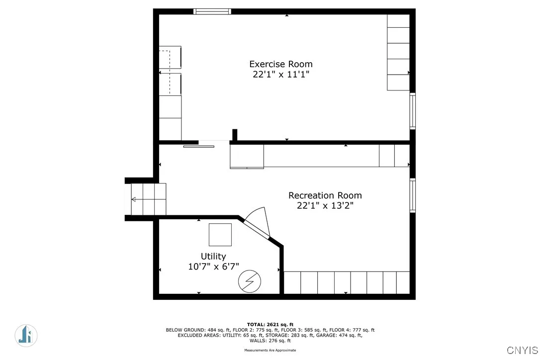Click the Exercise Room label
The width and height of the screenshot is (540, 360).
click(281, 64)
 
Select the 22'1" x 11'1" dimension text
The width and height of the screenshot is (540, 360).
click(281, 75)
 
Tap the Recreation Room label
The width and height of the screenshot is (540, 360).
click(325, 195)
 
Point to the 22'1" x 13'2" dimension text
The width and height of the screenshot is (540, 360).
click(325, 206)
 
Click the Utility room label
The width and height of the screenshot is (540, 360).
click(213, 257)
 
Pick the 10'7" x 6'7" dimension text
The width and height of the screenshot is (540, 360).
click(213, 267)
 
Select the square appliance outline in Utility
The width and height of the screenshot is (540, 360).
click(220, 235)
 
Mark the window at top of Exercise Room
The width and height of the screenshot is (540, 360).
click(212, 11)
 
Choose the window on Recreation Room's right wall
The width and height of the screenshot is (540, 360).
click(412, 195)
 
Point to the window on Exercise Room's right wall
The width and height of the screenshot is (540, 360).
click(412, 111)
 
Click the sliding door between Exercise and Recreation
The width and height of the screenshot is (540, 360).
click(199, 146)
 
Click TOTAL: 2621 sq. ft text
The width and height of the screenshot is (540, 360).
click(270, 324)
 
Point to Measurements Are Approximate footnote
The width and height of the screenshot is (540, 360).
click(270, 350)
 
